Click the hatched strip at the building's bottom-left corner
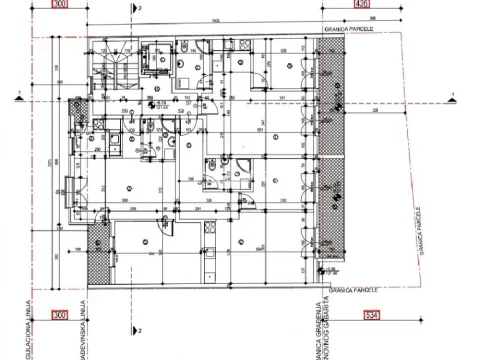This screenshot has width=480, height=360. tap(97, 254)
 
